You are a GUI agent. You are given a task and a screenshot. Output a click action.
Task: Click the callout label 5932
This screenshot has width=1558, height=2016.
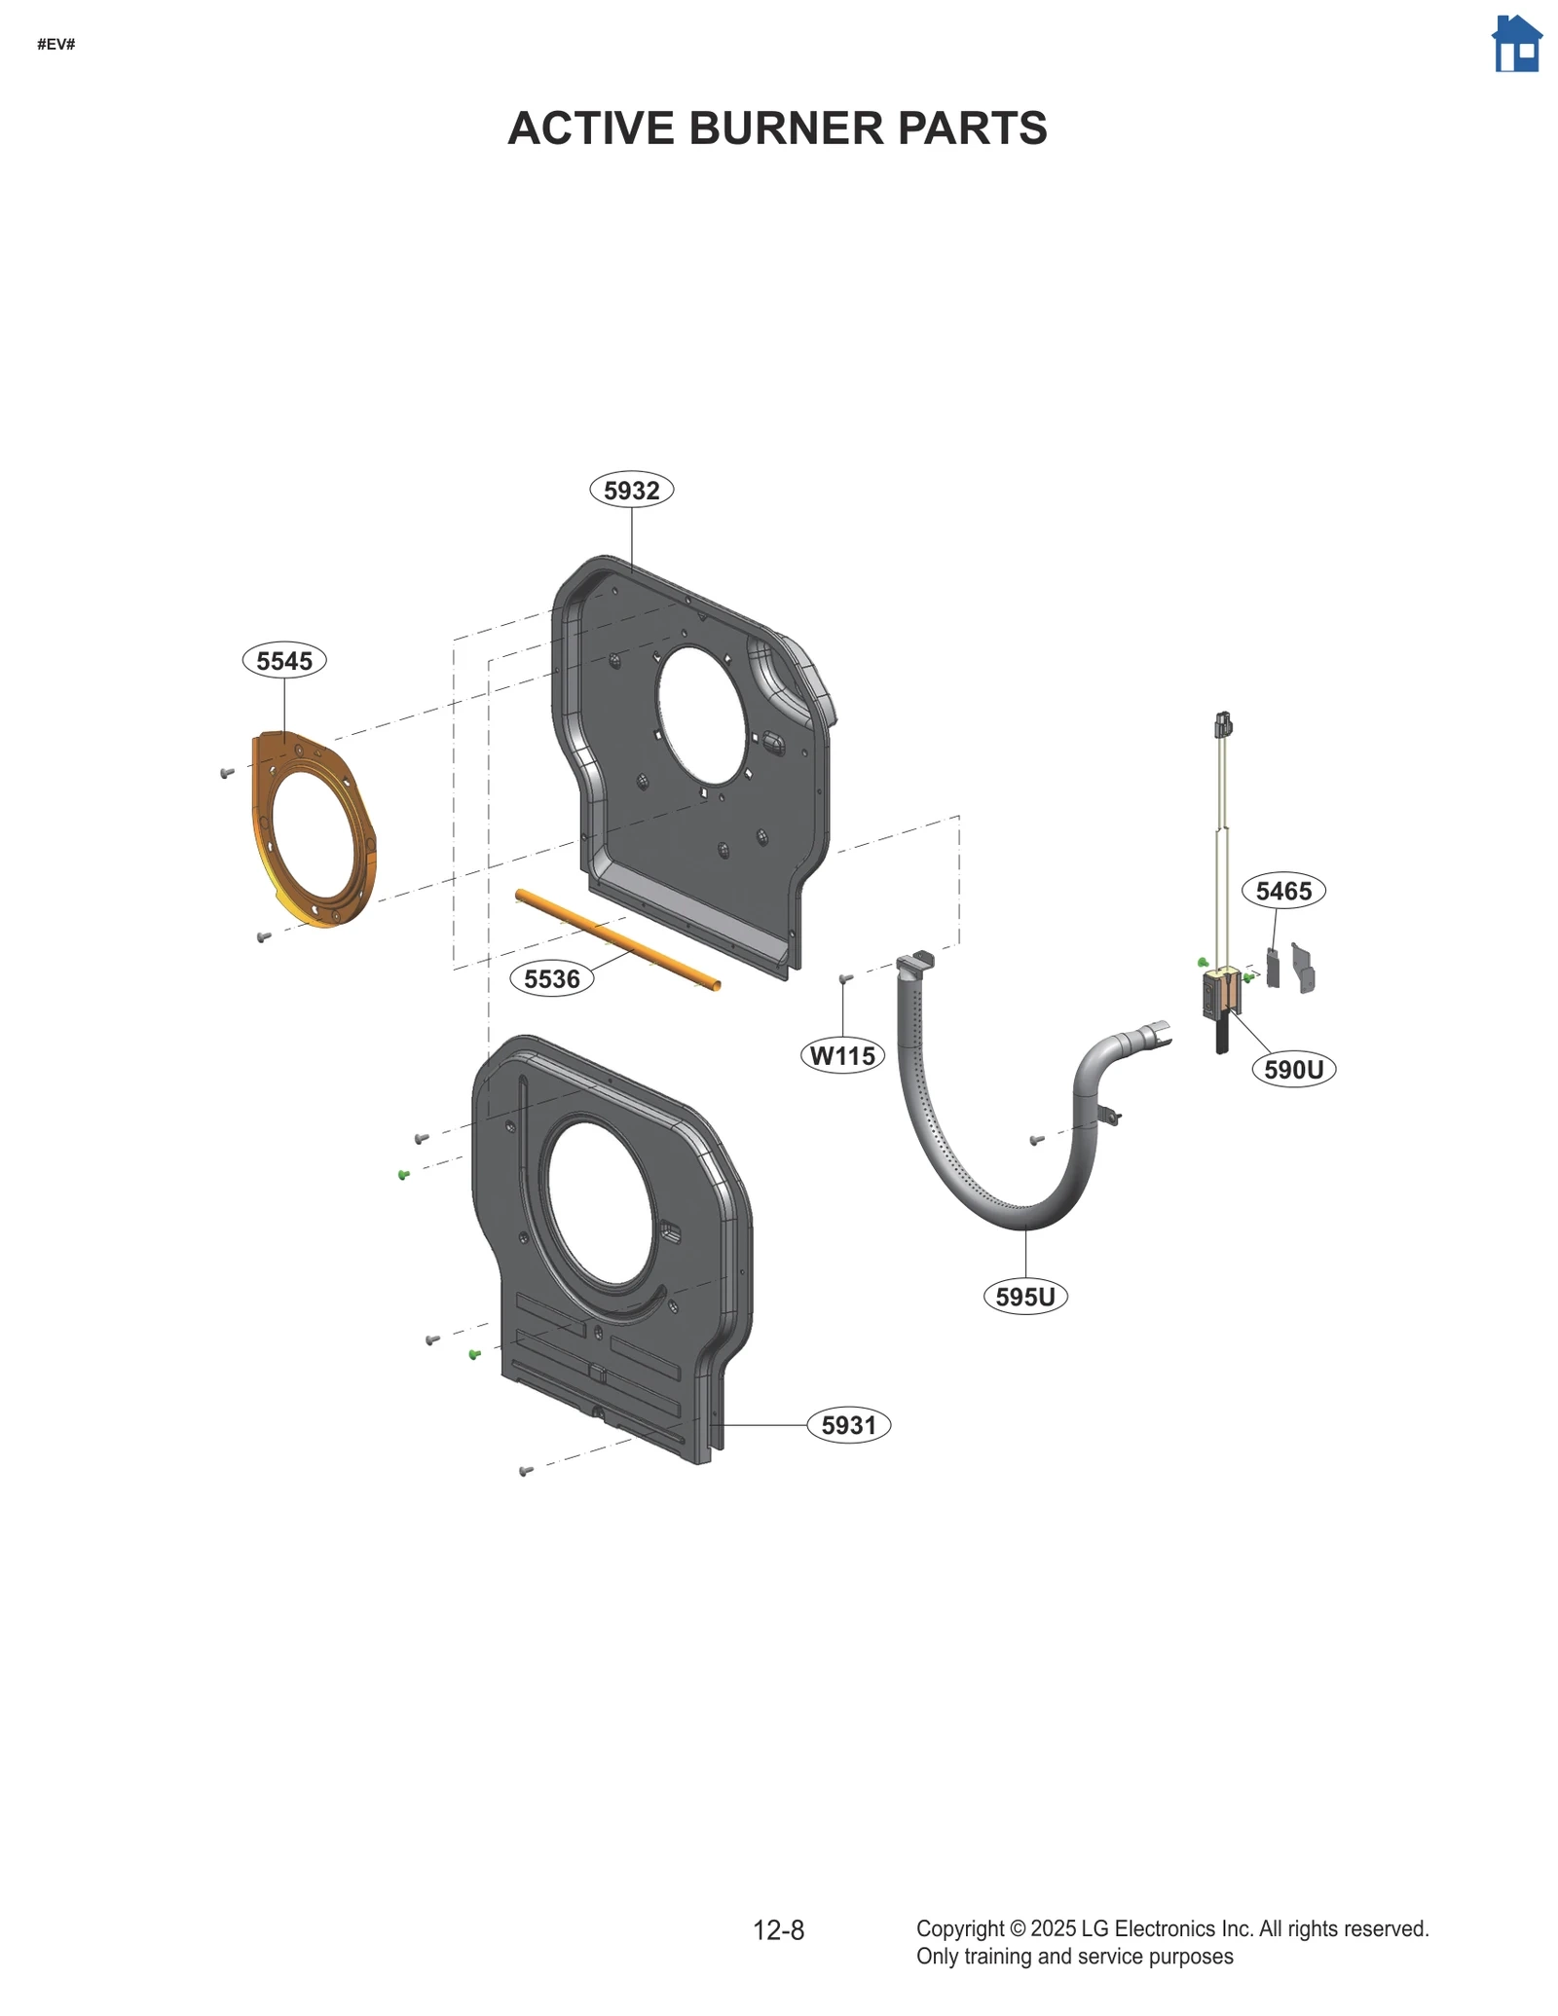(x=631, y=490)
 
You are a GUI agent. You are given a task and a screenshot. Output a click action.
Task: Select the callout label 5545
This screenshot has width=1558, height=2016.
(x=284, y=660)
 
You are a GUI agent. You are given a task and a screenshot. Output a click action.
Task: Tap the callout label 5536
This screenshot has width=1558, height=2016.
(x=552, y=978)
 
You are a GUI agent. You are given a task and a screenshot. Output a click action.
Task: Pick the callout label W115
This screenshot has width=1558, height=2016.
(x=842, y=1055)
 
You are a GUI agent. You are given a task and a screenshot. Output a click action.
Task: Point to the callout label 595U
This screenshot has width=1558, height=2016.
(x=1025, y=1297)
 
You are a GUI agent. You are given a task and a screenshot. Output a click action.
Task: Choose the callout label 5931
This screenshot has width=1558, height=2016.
(x=849, y=1425)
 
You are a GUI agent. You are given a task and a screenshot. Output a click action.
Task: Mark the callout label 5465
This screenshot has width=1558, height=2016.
(x=1283, y=891)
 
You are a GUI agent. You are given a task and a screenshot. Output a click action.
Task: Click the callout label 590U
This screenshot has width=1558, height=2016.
(x=1293, y=1070)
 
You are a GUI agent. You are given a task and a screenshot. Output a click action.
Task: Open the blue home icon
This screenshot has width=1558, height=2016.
(x=1516, y=44)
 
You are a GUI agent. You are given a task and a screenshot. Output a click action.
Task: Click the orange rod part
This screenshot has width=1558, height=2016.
(x=618, y=940)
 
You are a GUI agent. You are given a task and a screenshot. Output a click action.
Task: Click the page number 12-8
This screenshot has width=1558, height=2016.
(x=778, y=1930)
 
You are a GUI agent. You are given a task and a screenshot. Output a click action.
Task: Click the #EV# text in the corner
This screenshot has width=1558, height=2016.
(x=56, y=45)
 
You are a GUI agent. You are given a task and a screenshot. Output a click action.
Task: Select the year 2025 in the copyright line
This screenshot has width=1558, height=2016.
(x=1053, y=1928)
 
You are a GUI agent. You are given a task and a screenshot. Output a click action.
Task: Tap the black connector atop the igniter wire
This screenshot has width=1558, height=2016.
(x=1223, y=724)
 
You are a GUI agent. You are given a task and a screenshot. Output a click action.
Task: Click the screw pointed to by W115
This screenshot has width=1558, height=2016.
(x=845, y=977)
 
